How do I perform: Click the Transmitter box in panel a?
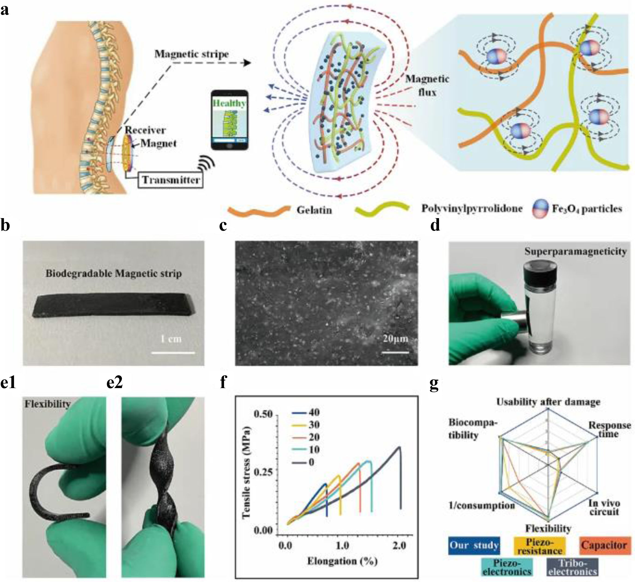pos(170,180)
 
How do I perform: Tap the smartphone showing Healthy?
pos(229,120)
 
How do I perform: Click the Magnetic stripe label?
pos(191,54)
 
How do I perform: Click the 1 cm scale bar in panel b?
pos(173,353)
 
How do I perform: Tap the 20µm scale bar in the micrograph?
pos(395,352)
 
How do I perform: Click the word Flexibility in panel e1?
pos(48,404)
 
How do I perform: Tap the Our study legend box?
pos(474,545)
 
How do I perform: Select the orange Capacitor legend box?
pos(605,545)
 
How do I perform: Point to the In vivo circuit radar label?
pos(604,507)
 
